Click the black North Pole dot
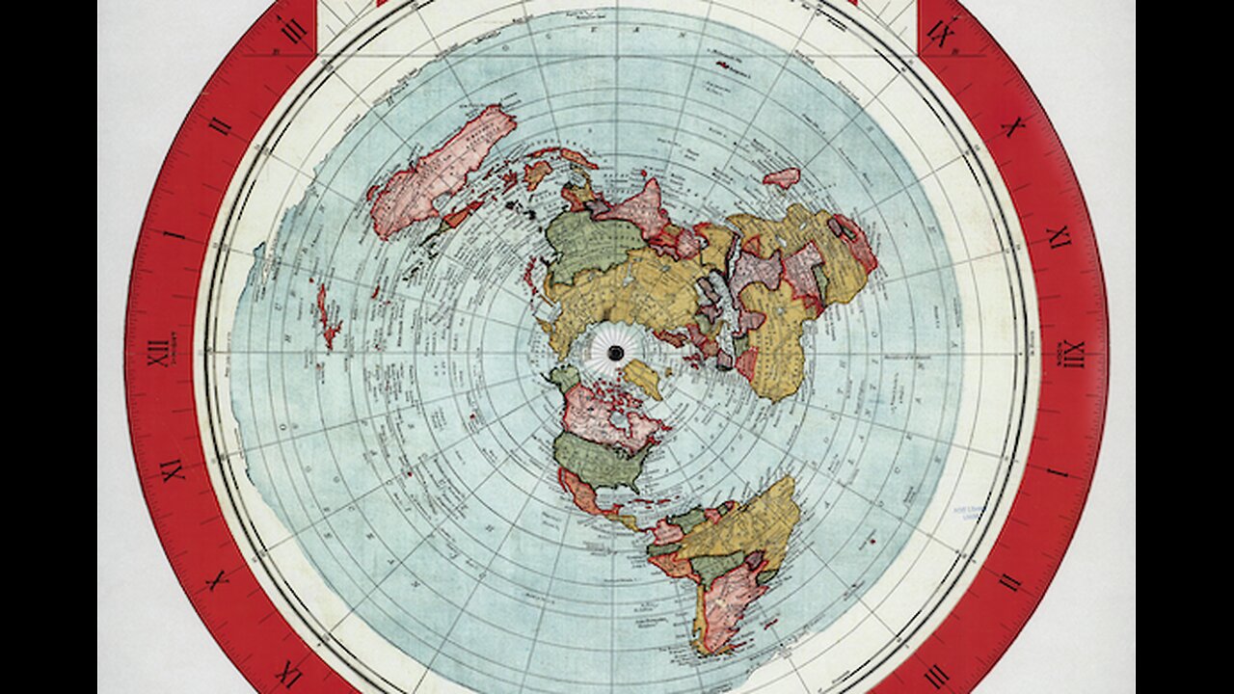(x=614, y=353)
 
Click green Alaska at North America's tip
(x=564, y=377)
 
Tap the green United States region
(x=598, y=460)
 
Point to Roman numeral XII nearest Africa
(x=1073, y=354)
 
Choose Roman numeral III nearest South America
(x=934, y=676)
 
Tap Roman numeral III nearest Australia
(x=293, y=30)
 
